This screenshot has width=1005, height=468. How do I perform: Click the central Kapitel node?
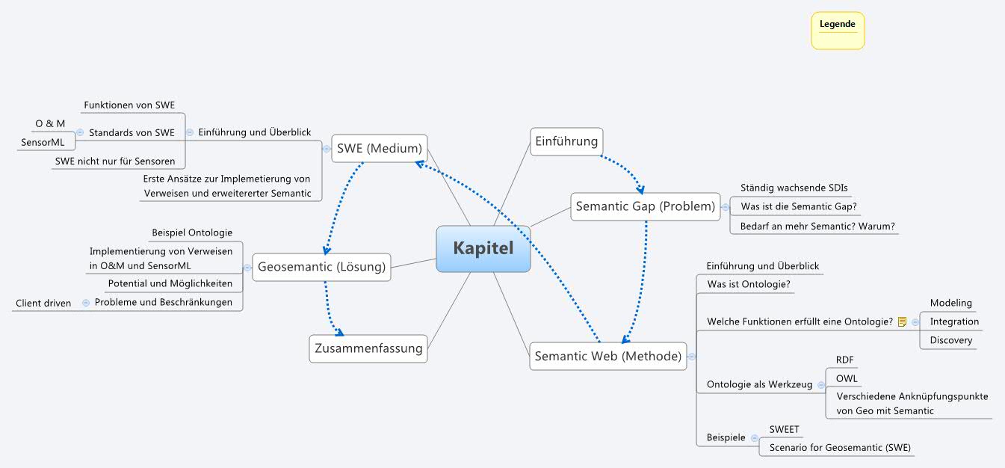tap(483, 248)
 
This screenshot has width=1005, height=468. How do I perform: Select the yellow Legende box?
tap(838, 31)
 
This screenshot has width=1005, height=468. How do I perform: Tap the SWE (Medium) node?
tap(380, 148)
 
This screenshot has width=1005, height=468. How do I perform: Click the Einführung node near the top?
tap(566, 141)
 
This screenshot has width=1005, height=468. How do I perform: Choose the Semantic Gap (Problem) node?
tap(646, 206)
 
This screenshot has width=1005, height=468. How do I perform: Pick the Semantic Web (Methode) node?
tap(609, 356)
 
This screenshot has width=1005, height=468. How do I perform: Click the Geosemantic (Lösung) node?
tap(321, 266)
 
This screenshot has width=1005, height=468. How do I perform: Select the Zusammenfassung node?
tap(368, 348)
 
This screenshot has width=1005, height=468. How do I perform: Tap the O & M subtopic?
tap(50, 123)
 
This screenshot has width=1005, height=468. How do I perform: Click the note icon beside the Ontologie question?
tap(902, 322)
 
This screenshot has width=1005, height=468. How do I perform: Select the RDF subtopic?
tap(844, 360)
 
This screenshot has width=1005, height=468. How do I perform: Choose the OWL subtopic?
tap(847, 378)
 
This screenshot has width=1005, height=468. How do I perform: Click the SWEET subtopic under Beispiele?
tap(784, 430)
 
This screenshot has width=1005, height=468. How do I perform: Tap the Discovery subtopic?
tap(950, 340)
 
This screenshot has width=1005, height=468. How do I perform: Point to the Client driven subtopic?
tap(43, 303)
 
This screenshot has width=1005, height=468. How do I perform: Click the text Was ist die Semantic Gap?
tap(798, 206)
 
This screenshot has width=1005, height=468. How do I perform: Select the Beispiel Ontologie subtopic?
tap(192, 233)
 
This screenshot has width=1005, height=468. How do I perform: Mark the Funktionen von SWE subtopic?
tap(129, 105)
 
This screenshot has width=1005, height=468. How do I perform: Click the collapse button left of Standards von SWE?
tap(80, 132)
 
